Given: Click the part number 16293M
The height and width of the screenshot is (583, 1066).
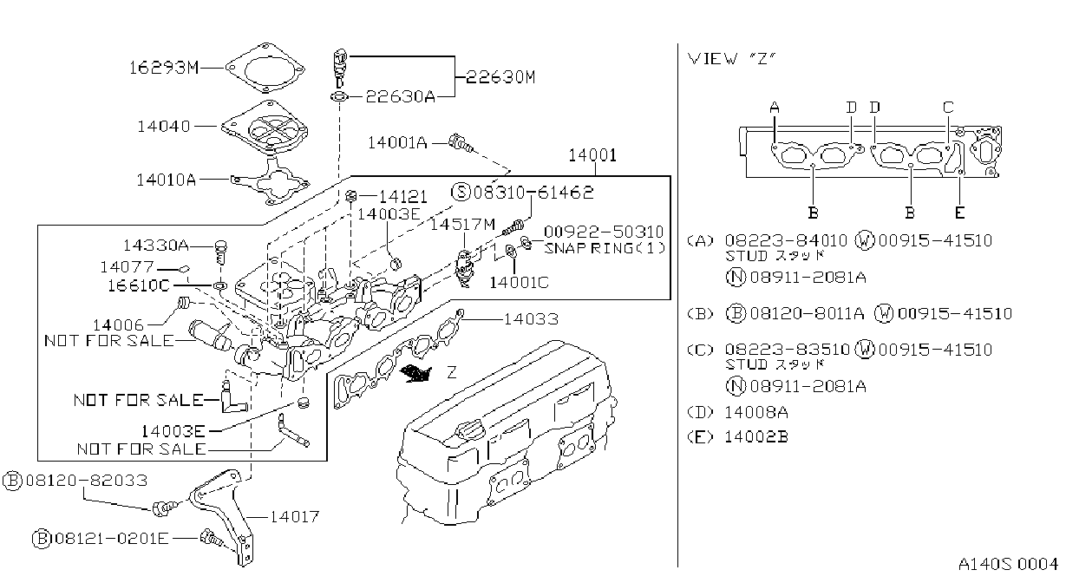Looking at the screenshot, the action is pos(164,68).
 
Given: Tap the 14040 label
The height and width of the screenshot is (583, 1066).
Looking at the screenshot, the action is pos(164,126).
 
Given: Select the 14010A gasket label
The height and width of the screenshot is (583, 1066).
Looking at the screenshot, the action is pos(166,180).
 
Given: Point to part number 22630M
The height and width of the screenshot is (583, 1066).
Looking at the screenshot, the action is pos(500,76).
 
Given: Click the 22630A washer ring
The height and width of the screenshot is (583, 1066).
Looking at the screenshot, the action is pos(339,97).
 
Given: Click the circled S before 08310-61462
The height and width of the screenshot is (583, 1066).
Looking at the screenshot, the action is pos(461,192).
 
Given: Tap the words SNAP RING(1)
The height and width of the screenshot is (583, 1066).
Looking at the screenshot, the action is pos(605,248).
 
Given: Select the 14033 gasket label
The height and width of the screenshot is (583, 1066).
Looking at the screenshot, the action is pos(531,319).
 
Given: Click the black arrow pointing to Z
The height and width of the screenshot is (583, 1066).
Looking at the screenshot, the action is pos(415,373).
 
